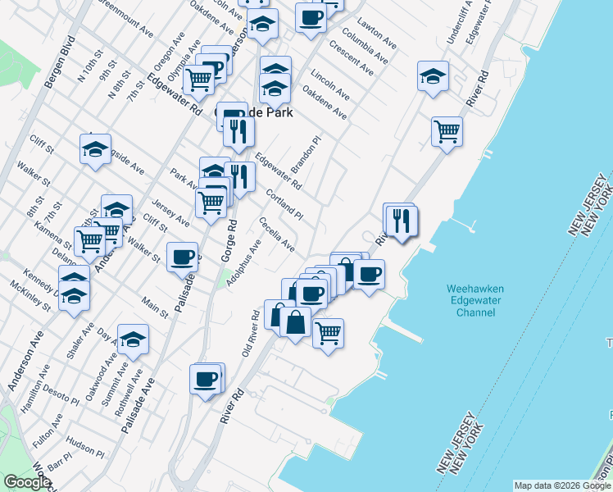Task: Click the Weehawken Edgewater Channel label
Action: [x=475, y=300]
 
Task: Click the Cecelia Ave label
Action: [x=276, y=234]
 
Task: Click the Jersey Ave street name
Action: [x=170, y=212]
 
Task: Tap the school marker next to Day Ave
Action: [x=133, y=339]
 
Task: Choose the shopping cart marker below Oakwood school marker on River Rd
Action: [x=447, y=130]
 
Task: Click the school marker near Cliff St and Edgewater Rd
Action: [x=95, y=149]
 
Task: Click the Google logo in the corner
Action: [x=27, y=482]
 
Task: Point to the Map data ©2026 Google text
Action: [x=563, y=485]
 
